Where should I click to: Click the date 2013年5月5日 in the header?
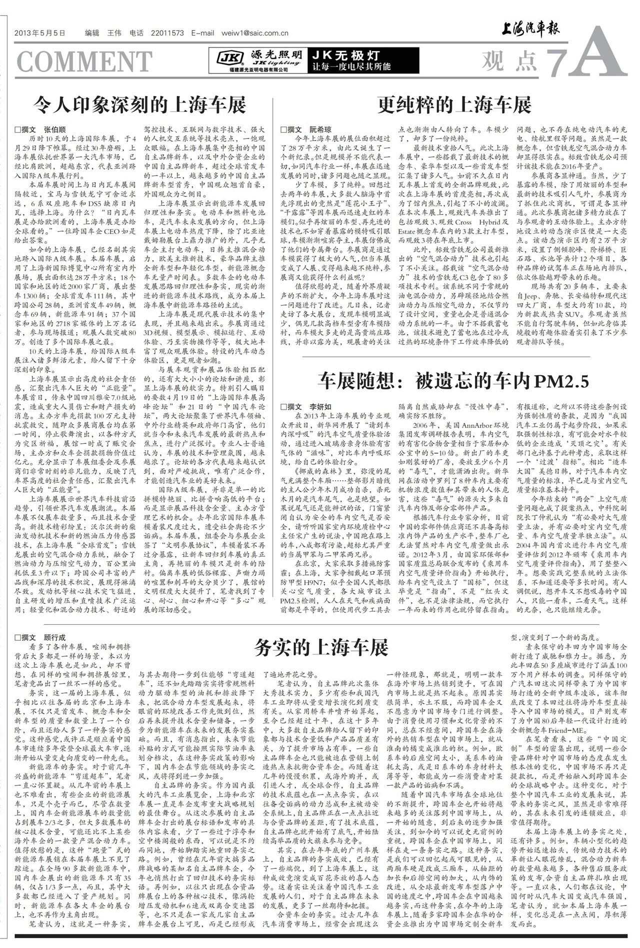[40, 34]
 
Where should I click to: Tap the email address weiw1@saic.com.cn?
[252, 34]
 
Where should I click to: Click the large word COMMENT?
[84, 61]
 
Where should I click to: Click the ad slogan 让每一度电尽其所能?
[351, 67]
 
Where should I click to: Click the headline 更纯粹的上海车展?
[454, 105]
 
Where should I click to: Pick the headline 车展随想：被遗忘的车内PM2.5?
[453, 382]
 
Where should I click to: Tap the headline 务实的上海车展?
[320, 648]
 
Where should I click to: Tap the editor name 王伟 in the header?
[114, 34]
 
